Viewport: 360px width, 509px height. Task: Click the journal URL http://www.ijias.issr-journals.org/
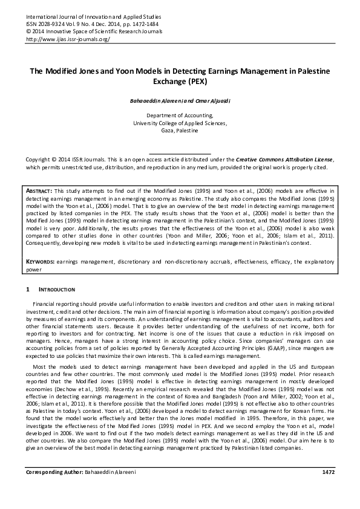67,39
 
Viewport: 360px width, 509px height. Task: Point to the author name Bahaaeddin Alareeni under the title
155,100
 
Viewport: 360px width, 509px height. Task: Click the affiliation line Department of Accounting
180,115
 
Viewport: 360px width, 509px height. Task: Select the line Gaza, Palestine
180,130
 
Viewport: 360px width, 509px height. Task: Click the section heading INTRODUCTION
56,290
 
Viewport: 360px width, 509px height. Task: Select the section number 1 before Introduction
27,290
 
